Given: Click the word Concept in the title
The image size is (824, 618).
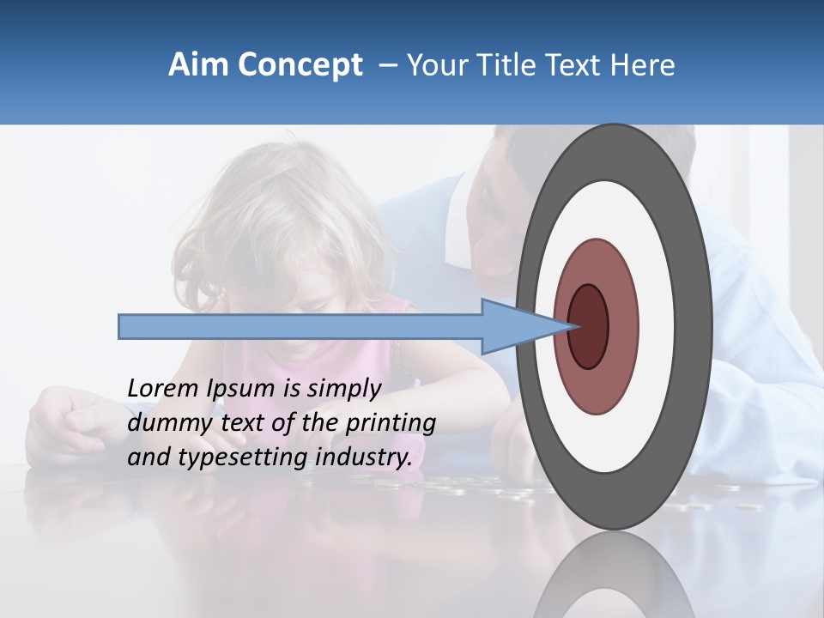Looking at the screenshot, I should (300, 65).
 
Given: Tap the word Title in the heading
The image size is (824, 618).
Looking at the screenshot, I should (514, 65).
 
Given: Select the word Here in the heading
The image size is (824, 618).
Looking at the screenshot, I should (643, 65).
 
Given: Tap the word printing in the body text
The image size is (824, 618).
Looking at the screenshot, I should (390, 423).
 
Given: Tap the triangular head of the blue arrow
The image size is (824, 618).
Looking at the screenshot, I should (515, 327).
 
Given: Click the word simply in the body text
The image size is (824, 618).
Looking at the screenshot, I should (342, 389).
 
